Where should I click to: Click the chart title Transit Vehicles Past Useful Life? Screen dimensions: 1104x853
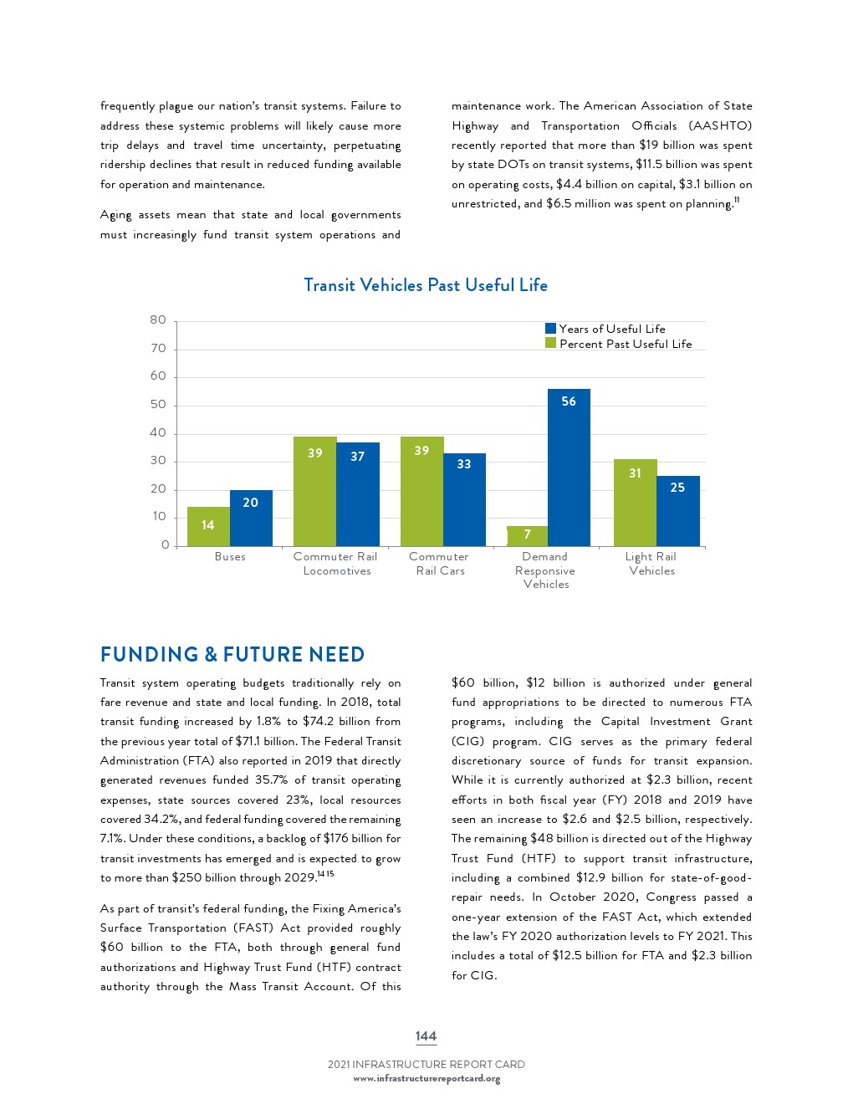(426, 285)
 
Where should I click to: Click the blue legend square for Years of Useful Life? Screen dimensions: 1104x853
(550, 329)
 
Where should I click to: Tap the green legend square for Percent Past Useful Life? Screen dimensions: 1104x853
(550, 343)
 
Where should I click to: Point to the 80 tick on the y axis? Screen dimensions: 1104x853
(158, 320)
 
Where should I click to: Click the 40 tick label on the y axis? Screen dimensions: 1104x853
(158, 432)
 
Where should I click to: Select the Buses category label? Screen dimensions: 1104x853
(230, 557)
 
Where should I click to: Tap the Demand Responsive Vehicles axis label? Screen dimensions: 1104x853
(545, 570)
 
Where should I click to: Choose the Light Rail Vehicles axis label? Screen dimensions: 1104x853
(651, 564)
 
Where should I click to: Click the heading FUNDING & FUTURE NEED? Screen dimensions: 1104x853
(232, 654)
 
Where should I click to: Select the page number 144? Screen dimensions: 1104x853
(426, 1036)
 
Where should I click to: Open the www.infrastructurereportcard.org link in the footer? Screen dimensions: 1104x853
(426, 1079)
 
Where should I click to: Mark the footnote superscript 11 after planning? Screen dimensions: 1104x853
(737, 199)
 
